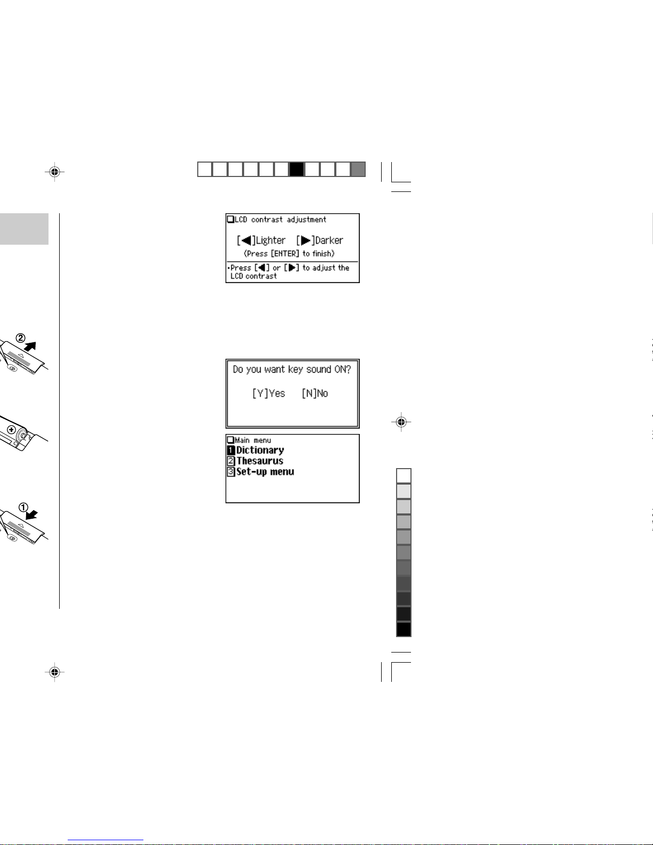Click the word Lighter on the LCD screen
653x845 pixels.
271,241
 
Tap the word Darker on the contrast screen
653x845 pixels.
329,241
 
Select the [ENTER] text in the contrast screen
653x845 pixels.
285,254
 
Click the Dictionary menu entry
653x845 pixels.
260,450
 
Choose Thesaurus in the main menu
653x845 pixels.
260,461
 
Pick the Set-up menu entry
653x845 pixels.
265,472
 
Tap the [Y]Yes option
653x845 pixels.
269,393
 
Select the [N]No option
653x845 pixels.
315,393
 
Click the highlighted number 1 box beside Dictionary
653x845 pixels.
231,450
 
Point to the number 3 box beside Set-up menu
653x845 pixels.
231,472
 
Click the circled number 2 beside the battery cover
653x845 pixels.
21,338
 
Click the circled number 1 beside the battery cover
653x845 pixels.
23,508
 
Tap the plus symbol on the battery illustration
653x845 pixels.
11,430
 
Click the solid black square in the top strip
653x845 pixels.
296,170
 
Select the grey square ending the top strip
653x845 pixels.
358,170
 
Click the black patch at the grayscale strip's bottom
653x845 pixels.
404,629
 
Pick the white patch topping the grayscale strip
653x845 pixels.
404,476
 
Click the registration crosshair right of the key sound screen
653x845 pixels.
401,422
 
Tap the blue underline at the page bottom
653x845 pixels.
106,840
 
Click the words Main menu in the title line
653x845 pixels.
253,440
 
